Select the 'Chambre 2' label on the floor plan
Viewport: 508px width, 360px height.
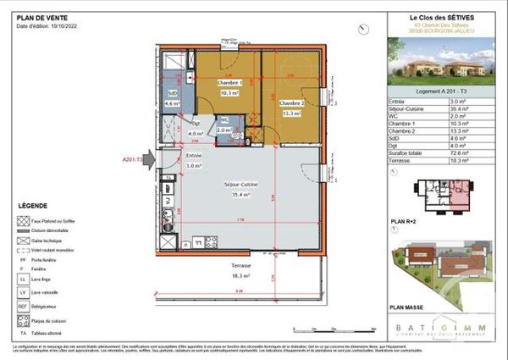point(292,102)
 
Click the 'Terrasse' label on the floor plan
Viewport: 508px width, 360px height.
point(243,265)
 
